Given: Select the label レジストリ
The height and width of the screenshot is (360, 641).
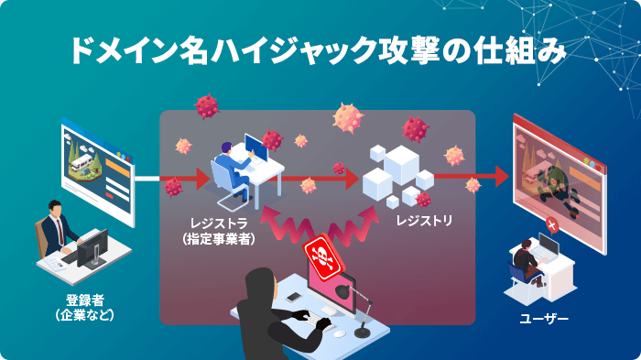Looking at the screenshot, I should coord(422,221).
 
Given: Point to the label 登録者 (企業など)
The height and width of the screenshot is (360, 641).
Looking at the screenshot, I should coord(83,308).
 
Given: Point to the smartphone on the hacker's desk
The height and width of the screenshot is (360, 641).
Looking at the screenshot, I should coord(293,297).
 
